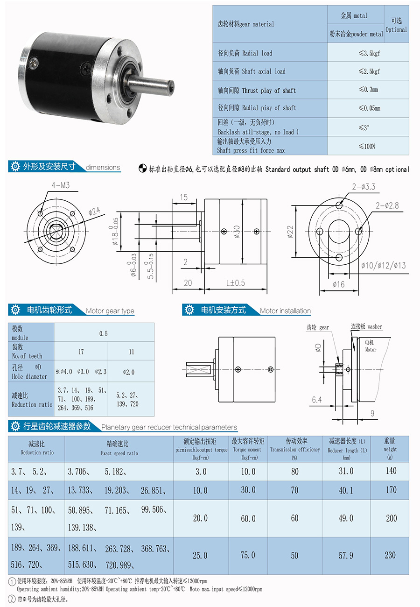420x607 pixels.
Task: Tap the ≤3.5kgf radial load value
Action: (x=369, y=53)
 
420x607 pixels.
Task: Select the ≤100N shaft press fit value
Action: (x=367, y=146)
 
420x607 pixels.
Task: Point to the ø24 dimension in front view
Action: (x=95, y=212)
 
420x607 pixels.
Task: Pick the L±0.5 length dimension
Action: (x=235, y=283)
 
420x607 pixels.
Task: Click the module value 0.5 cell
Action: (x=104, y=333)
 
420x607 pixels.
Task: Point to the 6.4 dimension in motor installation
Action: (x=317, y=400)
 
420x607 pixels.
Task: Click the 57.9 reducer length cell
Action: (x=346, y=555)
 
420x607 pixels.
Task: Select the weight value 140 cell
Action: (x=391, y=471)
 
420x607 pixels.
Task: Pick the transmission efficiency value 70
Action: (x=295, y=490)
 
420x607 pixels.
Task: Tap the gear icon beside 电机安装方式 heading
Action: (x=189, y=310)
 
